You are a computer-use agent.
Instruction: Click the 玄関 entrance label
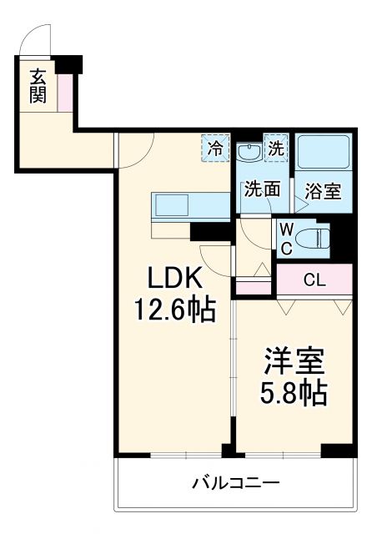(x=38, y=85)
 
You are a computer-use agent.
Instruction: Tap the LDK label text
(x=176, y=278)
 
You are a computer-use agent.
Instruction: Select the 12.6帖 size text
(x=176, y=310)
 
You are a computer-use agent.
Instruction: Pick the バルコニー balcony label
(x=234, y=483)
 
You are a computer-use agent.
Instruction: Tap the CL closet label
(x=314, y=280)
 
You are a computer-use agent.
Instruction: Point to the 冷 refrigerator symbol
(x=215, y=150)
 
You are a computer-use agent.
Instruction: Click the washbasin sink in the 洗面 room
(x=248, y=153)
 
